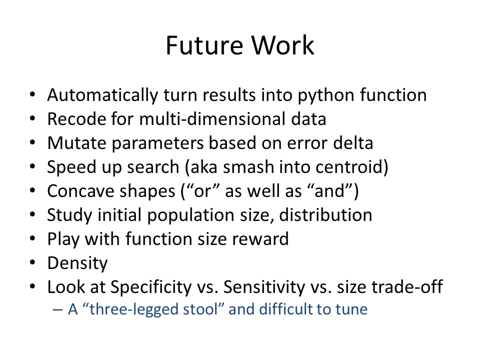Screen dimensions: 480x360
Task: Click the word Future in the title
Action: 204,45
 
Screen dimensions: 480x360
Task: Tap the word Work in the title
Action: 283,45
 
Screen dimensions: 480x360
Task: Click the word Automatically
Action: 102,95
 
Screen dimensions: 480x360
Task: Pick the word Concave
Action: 80,191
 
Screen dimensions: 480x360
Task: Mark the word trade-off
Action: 407,287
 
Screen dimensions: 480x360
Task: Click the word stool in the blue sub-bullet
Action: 202,309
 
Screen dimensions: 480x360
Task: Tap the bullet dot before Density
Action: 33,262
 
